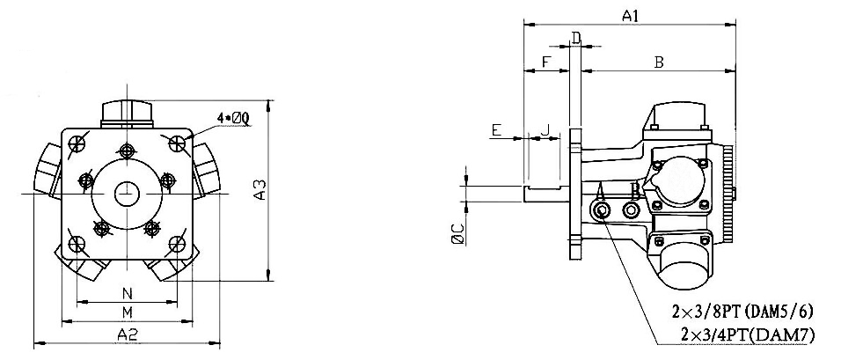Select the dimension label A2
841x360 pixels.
click(128, 333)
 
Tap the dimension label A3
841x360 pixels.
click(259, 189)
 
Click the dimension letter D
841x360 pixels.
click(575, 37)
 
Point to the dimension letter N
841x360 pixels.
click(127, 292)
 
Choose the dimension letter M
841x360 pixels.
click(127, 312)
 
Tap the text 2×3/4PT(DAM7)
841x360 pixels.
click(747, 334)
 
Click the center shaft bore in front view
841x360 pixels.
click(128, 191)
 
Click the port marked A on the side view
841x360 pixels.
click(603, 211)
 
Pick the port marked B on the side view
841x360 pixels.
click(631, 211)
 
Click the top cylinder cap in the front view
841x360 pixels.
click(128, 114)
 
